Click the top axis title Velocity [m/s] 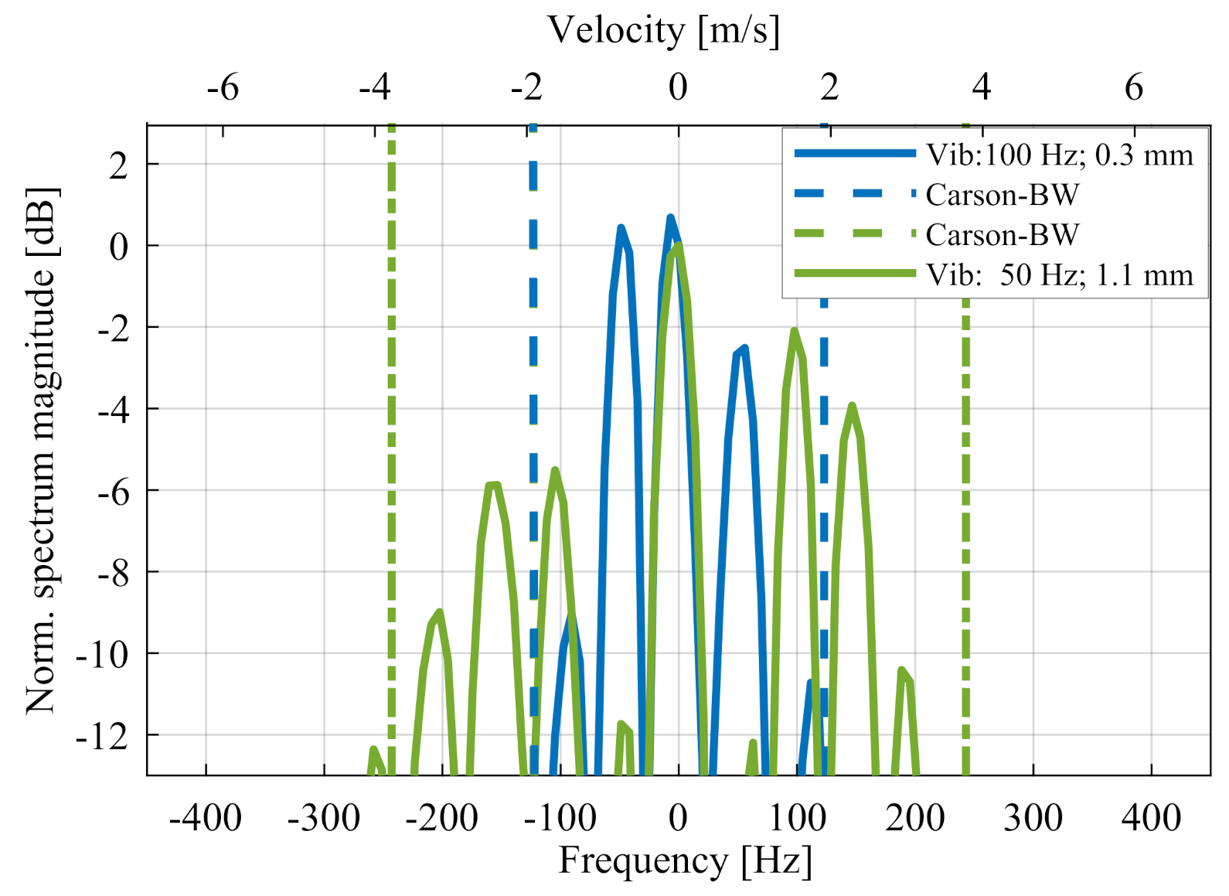[663, 30]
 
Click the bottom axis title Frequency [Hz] [685, 860]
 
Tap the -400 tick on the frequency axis [206, 817]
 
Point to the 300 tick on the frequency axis [1033, 817]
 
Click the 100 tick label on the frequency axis [797, 817]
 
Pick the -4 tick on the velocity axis [375, 87]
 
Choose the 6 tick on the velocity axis [1133, 87]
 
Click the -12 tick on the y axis [103, 736]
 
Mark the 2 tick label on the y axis [118, 165]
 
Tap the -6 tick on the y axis [113, 492]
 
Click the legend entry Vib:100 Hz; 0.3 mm [1059, 155]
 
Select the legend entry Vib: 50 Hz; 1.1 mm [1059, 274]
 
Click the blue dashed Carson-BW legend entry [1002, 195]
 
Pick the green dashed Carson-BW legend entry [1002, 234]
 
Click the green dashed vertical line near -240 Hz [392, 464]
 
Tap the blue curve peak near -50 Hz [621, 228]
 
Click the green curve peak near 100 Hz [794, 332]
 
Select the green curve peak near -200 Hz [439, 613]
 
